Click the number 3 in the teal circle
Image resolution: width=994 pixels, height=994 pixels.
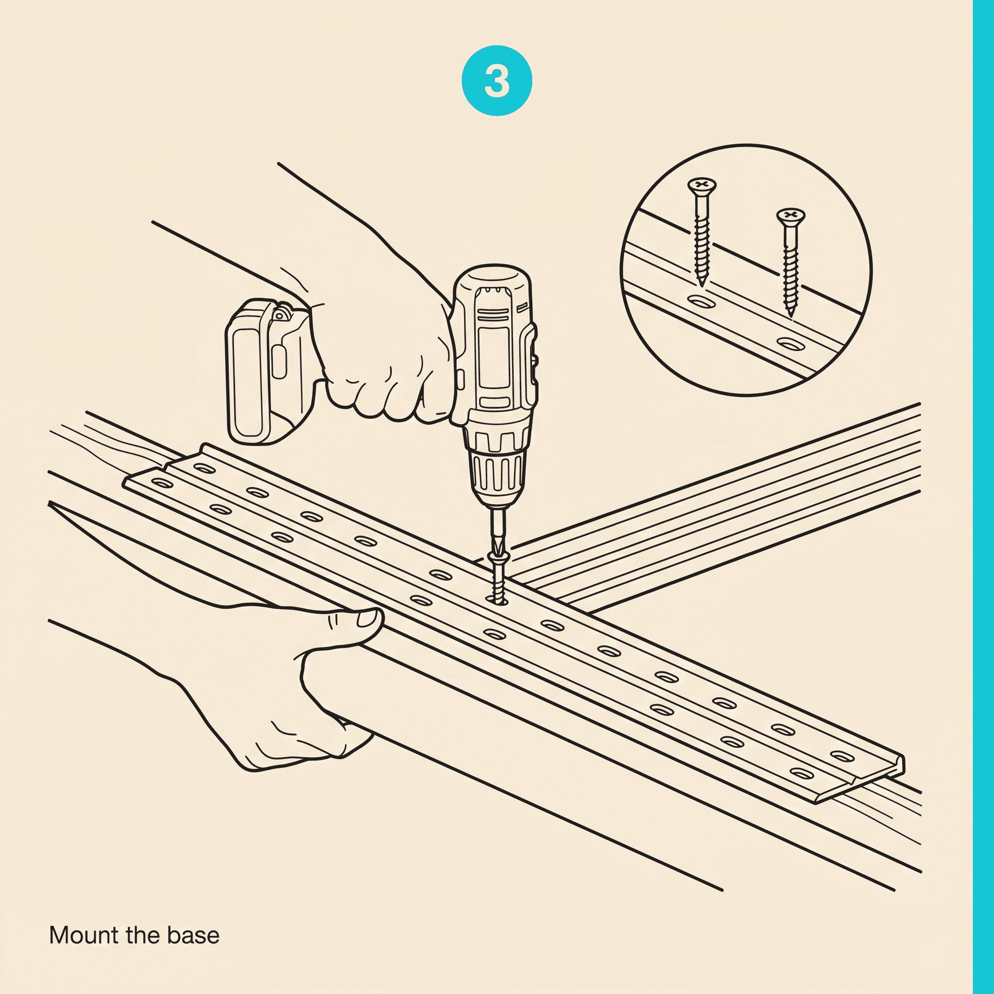point(497,81)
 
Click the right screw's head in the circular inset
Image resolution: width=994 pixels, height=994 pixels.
point(790,214)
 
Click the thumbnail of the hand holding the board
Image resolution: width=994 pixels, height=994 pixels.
point(367,618)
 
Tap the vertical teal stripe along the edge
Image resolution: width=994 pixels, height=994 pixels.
point(983,497)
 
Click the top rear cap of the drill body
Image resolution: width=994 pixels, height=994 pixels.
point(491,278)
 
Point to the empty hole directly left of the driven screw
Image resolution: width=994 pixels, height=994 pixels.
point(440,574)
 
